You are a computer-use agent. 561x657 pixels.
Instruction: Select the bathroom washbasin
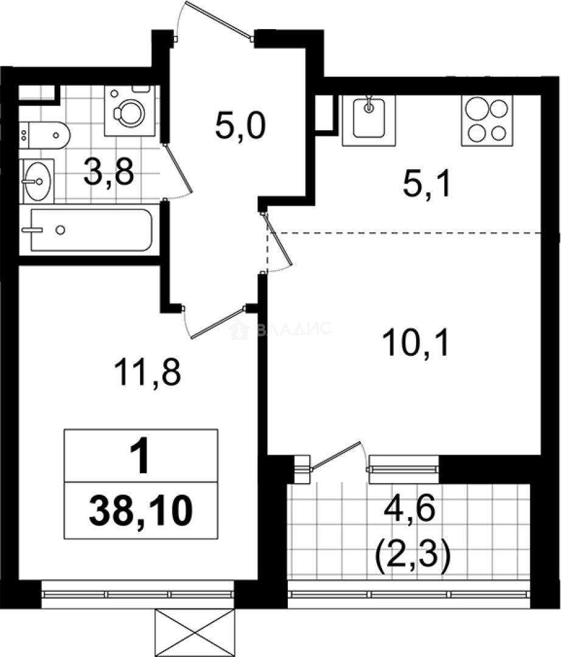38,180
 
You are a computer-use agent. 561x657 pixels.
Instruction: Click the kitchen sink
368,119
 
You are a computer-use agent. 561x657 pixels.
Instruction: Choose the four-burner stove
486,120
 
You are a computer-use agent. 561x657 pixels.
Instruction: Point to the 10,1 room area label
417,344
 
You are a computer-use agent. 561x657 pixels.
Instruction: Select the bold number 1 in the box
141,457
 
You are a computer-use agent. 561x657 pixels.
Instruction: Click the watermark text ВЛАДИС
292,330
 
